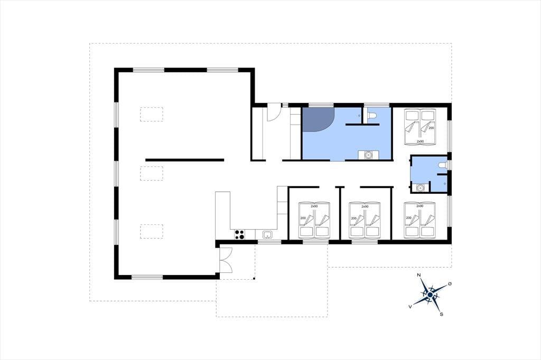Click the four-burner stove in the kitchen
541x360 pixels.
240,234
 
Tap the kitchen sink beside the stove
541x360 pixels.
267,235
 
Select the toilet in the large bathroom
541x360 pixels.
372,115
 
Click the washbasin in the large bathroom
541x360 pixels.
368,155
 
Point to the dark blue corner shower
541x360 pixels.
316,119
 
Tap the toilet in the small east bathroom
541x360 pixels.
442,165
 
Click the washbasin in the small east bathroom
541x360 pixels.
420,187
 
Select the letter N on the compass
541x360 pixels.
419,275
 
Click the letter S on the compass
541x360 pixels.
441,314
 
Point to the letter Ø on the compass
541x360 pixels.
450,284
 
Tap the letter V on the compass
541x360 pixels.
410,306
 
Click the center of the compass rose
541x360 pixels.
430,295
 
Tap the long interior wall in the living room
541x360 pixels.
184,160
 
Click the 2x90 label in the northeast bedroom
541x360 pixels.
420,141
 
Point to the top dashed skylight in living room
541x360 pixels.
152,114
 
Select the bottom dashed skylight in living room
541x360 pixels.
152,231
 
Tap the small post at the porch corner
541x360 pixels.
254,278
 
